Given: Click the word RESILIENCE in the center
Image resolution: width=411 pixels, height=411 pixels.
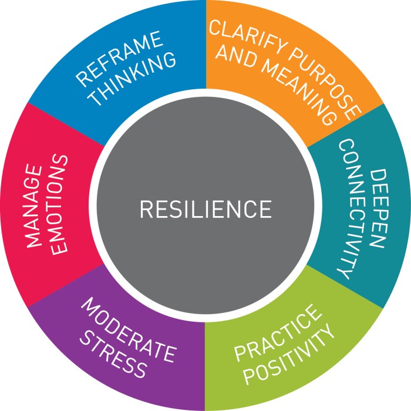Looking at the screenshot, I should click(x=206, y=208).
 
